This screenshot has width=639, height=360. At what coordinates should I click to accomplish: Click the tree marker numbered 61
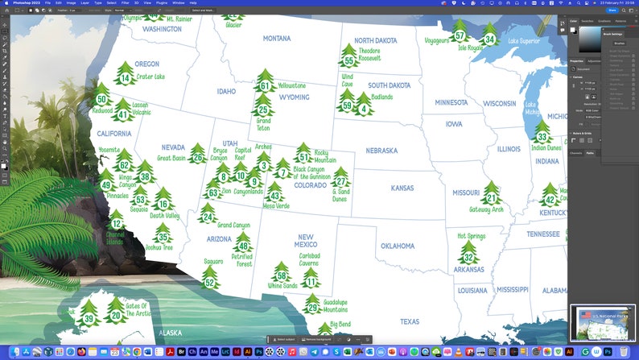[265, 84]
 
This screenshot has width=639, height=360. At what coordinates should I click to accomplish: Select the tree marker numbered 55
[348, 57]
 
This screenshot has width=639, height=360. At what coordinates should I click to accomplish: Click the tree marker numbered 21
[491, 195]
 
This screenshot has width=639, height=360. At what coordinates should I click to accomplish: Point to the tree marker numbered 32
[469, 254]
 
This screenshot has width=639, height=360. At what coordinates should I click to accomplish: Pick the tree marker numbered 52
[210, 279]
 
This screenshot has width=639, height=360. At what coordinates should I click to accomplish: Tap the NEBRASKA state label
[381, 151]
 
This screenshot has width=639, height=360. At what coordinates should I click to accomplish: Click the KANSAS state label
[402, 188]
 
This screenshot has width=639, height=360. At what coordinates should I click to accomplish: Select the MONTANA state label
[277, 38]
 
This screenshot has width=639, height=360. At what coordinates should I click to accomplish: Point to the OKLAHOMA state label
[398, 246]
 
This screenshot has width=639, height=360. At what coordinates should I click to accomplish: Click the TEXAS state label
[410, 321]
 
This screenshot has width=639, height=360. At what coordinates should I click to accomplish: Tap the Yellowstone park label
[291, 85]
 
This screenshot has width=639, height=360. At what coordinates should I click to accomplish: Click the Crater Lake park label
[150, 77]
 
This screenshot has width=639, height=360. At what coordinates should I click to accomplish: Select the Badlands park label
[382, 97]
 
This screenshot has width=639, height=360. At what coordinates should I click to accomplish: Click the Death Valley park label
[164, 216]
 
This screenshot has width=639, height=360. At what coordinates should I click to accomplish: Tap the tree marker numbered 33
[542, 135]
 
